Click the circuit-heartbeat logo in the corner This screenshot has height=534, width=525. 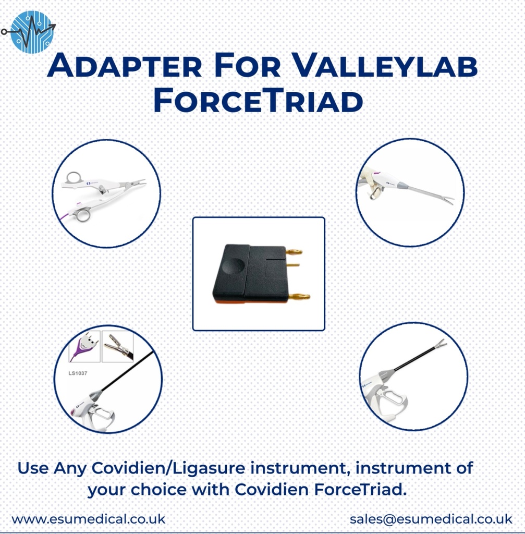(31, 32)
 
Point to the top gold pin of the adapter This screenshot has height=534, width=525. (294, 252)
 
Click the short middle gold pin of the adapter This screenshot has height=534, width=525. (293, 265)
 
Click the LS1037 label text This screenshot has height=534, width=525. (78, 373)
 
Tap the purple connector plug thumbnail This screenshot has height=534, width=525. (84, 346)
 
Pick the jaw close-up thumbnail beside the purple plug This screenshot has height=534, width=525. (118, 346)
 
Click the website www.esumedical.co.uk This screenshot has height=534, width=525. (88, 519)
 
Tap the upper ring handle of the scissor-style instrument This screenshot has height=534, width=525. (75, 178)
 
